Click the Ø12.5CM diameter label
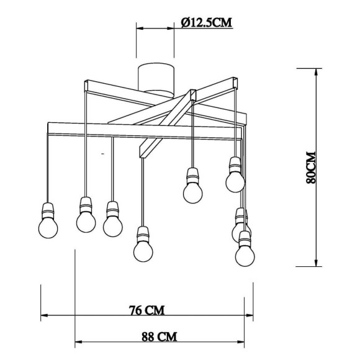(x=206, y=22)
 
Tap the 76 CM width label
(x=146, y=309)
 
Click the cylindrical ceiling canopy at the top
(x=155, y=77)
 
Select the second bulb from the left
(x=86, y=218)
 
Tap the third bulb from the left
(x=112, y=224)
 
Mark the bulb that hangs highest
(x=235, y=180)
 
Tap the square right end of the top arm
(x=234, y=81)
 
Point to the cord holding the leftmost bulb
(x=48, y=168)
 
